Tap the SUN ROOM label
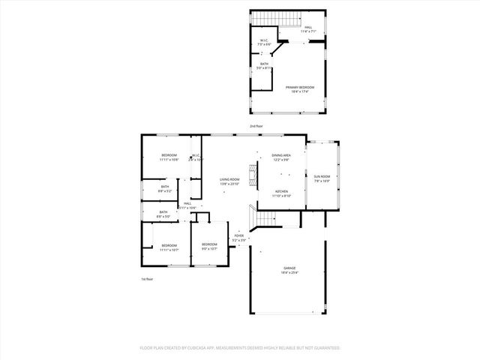click(322, 177)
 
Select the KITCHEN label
click(282, 191)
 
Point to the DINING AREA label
click(281, 155)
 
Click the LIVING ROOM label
click(229, 179)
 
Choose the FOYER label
click(239, 235)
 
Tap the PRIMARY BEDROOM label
click(300, 88)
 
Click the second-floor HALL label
click(308, 28)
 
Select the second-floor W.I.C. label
click(264, 40)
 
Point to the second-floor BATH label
click(264, 64)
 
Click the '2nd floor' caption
click(256, 126)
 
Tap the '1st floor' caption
click(147, 280)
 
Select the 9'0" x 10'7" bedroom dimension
click(208, 248)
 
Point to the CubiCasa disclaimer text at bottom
click(240, 348)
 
